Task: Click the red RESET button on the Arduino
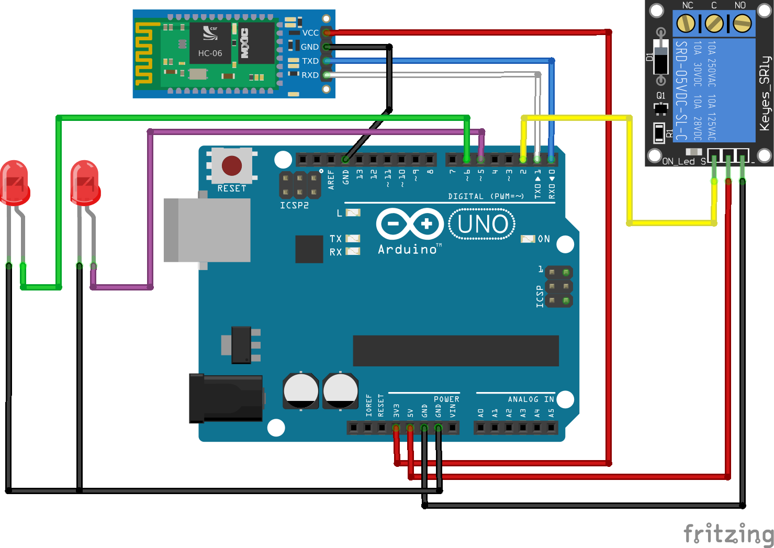point(232,165)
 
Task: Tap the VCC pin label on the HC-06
point(310,33)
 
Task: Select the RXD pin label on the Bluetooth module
point(310,75)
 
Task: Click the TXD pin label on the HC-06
point(310,61)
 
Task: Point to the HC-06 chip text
point(210,53)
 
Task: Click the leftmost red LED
point(14,183)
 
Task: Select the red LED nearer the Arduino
point(85,183)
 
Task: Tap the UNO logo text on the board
point(482,225)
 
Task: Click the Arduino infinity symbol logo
point(410,224)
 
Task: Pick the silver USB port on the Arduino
point(207,230)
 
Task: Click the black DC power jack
point(226,398)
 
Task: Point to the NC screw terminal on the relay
point(686,23)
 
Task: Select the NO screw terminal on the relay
point(742,23)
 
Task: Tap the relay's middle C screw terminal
point(714,23)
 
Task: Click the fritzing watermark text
point(728,534)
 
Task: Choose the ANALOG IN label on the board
point(530,399)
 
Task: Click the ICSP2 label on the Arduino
point(294,206)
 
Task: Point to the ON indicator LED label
point(544,239)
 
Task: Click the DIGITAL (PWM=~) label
point(486,196)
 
